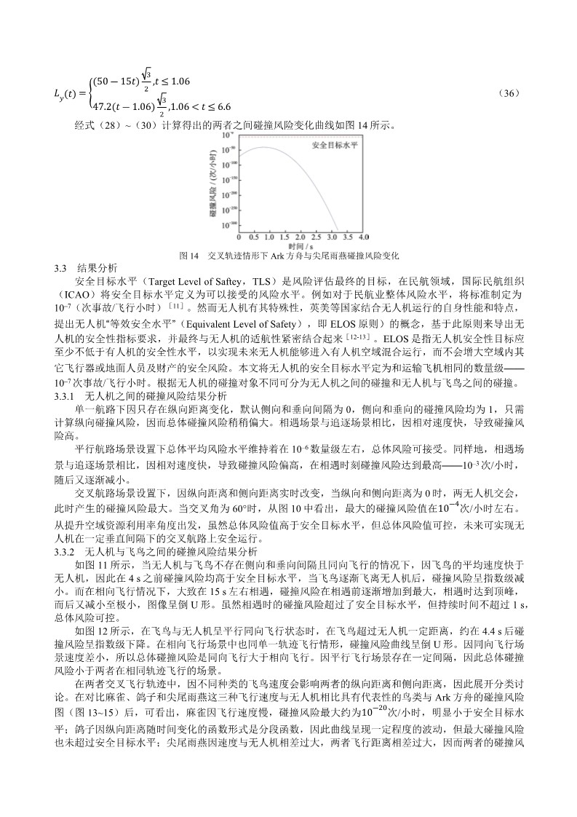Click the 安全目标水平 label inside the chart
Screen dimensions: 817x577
tap(335, 146)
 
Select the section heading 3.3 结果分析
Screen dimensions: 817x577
tap(85, 268)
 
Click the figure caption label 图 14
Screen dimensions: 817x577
tap(188, 256)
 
